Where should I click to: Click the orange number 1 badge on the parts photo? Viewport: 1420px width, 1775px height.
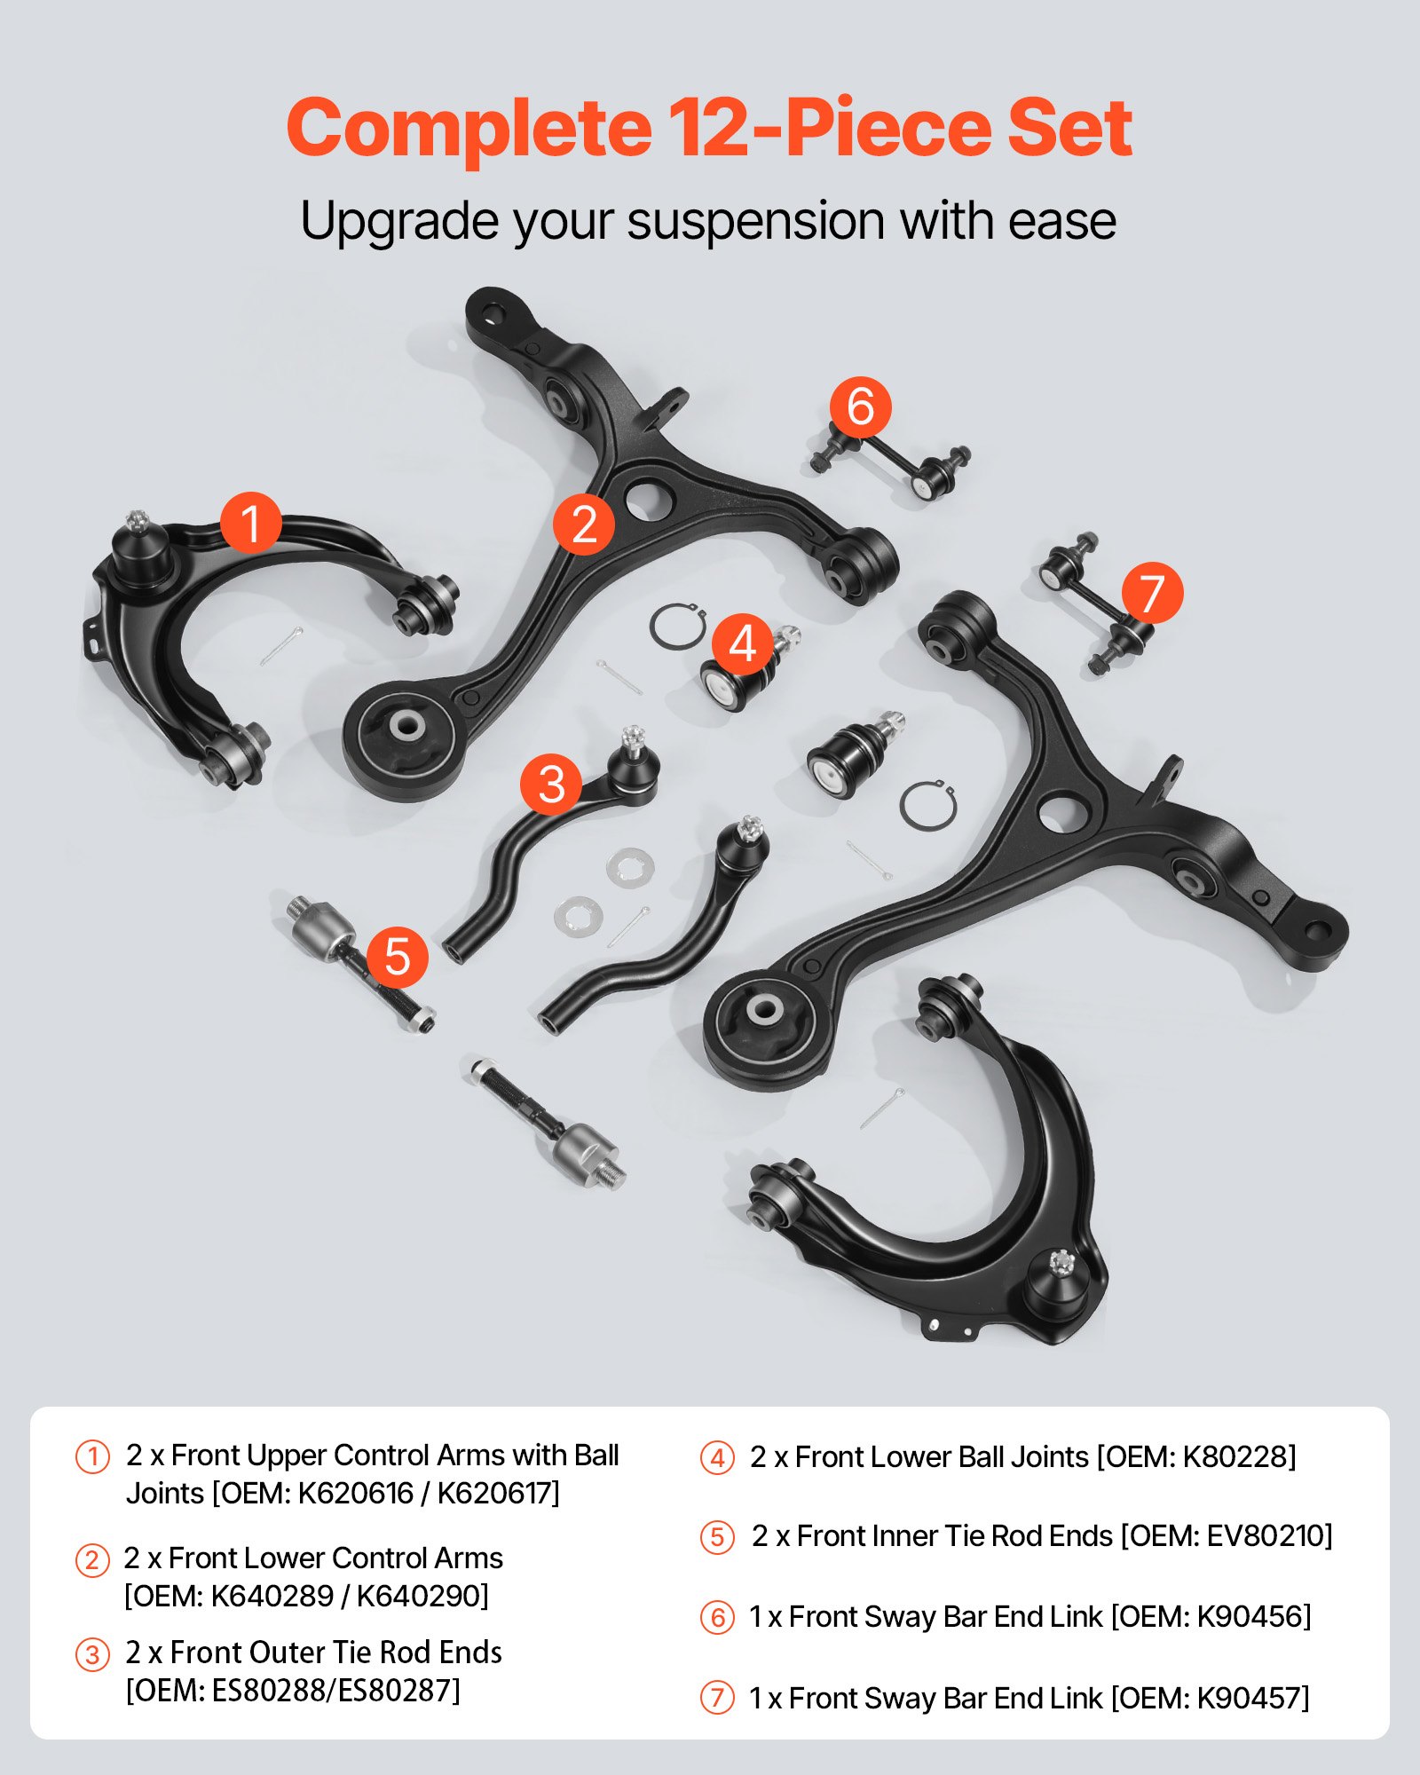coord(251,523)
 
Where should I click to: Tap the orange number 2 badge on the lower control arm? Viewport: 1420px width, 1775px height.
coord(583,524)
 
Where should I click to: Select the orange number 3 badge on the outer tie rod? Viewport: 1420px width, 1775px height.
coord(551,784)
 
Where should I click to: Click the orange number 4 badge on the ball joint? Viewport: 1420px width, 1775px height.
coord(742,644)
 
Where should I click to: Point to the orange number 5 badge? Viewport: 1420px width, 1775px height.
coord(397,957)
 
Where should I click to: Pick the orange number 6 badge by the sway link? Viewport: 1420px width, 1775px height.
coord(860,406)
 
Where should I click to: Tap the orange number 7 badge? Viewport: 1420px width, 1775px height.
coord(1151,592)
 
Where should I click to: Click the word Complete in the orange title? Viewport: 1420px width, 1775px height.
coord(469,129)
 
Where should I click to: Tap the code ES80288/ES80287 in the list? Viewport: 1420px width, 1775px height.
coord(334,1691)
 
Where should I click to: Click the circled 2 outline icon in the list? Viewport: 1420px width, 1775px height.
coord(92,1560)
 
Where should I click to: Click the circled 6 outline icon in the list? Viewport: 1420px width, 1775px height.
coord(717,1618)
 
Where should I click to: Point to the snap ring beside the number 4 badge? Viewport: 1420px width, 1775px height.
coord(676,627)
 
